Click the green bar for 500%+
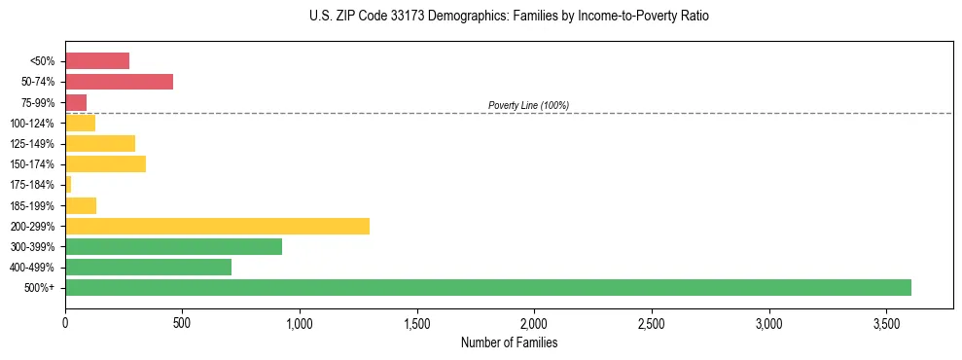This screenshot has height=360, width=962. (487, 288)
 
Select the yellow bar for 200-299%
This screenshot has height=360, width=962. (217, 226)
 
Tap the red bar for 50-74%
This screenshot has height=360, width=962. (119, 82)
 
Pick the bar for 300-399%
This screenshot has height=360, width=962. (173, 247)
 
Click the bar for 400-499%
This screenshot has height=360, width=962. (148, 268)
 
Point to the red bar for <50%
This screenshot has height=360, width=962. (97, 61)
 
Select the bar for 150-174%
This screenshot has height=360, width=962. (105, 164)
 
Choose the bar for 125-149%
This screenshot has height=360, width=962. (100, 144)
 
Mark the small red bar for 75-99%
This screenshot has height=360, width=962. (76, 102)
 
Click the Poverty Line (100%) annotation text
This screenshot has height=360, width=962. (528, 105)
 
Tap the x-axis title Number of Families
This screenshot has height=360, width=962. (509, 342)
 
